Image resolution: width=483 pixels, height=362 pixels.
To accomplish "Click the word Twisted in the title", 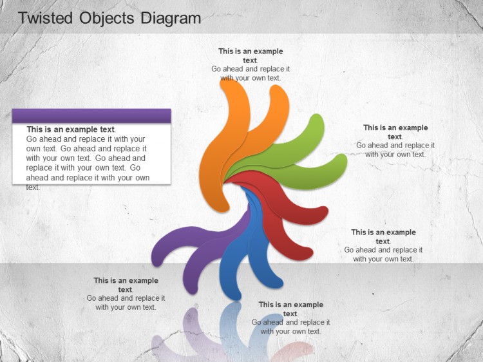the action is (x=45, y=18).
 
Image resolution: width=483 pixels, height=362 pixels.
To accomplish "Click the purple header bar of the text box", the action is (x=91, y=116).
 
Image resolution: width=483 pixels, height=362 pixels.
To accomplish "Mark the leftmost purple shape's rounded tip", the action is (x=157, y=258).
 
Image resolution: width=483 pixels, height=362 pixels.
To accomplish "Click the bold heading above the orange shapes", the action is (x=251, y=56).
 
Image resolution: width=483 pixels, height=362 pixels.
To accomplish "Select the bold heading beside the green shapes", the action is (x=395, y=132).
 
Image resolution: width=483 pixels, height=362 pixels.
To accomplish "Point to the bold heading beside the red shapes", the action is (x=384, y=236).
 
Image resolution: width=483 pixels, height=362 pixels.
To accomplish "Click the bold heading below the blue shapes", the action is (x=291, y=309).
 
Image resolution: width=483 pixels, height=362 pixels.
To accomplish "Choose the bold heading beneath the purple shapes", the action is (x=126, y=285).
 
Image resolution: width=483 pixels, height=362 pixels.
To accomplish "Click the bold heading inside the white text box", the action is (x=71, y=129).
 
